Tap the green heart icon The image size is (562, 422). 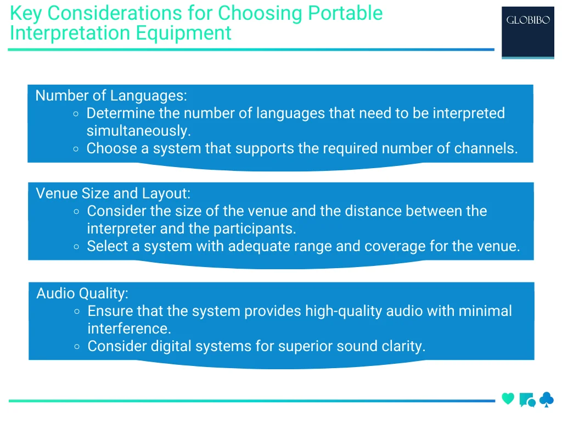click(x=508, y=399)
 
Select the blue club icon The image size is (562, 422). click(x=547, y=399)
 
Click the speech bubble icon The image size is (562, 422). click(x=527, y=400)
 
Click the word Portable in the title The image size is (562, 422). click(x=345, y=13)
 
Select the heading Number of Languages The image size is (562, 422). click(x=111, y=96)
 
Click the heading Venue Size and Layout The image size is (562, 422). click(x=113, y=193)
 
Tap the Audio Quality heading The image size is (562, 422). click(x=82, y=293)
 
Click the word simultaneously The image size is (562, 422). click(x=138, y=131)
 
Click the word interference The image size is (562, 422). click(x=129, y=329)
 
